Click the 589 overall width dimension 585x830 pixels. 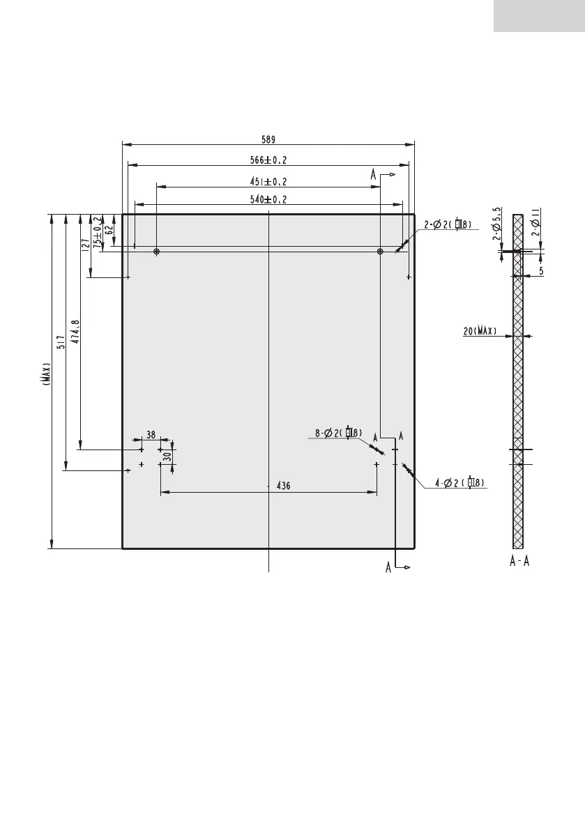(x=268, y=140)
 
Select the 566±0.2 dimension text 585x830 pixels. (x=268, y=160)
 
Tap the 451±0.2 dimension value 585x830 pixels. (x=268, y=182)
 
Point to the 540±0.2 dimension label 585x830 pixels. (x=268, y=199)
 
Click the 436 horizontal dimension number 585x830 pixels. (x=283, y=486)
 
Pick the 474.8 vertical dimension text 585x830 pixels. (x=75, y=332)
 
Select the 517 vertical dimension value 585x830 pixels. (x=61, y=342)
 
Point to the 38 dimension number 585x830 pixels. (x=151, y=435)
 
